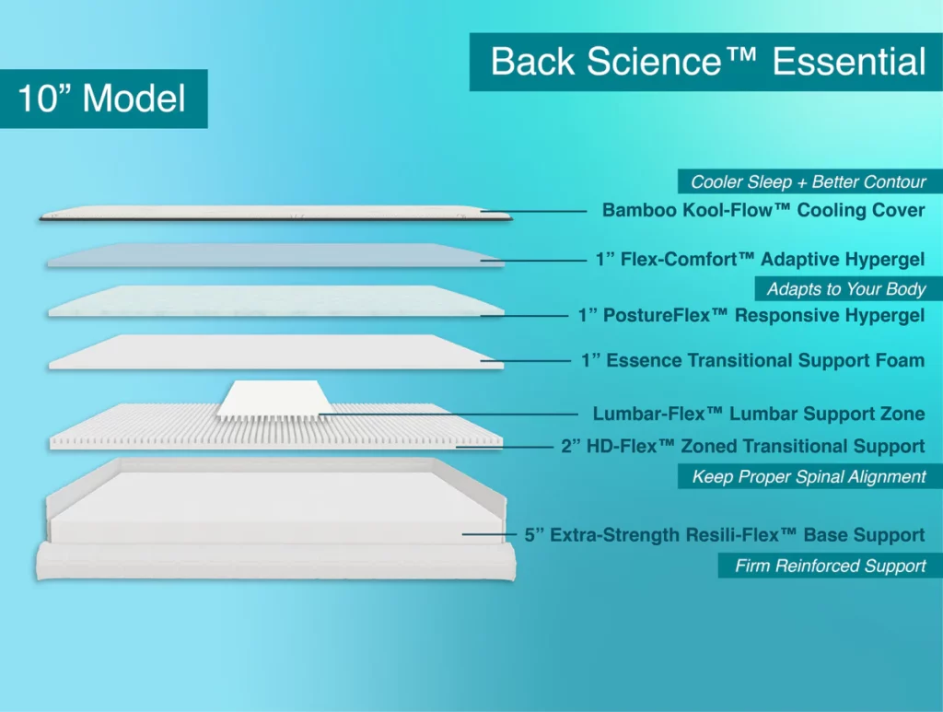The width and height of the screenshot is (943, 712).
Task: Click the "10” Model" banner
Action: [x=102, y=99]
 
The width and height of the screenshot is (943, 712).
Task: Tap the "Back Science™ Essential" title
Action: [x=706, y=62]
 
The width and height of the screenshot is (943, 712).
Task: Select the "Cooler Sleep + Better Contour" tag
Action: [x=809, y=181]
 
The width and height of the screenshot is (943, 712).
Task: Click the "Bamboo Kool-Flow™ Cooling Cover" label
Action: [x=763, y=210]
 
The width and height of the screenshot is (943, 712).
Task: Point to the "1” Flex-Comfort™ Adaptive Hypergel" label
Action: [x=760, y=261]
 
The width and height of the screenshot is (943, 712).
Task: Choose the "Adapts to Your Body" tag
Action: [x=846, y=289]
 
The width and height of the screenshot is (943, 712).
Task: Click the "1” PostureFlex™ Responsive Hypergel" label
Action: [x=751, y=316]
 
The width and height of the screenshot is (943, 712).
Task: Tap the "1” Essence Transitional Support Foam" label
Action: [x=752, y=360]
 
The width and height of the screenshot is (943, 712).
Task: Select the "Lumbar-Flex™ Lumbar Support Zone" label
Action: [x=758, y=414]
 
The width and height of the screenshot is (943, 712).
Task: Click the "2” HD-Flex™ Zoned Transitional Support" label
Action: [x=742, y=447]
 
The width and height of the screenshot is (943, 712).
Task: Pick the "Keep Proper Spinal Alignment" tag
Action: [x=809, y=476]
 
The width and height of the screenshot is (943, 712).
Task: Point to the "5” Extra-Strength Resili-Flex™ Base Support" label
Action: [x=724, y=535]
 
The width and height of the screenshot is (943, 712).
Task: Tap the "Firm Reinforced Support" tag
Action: [x=830, y=566]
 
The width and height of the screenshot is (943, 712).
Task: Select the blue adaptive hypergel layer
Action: [x=276, y=256]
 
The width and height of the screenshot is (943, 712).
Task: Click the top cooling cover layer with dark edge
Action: [x=276, y=214]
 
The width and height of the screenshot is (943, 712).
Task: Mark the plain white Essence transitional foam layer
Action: [x=276, y=353]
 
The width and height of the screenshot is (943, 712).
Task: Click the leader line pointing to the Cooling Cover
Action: [x=534, y=211]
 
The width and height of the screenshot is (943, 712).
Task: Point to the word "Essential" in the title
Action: [x=848, y=62]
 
